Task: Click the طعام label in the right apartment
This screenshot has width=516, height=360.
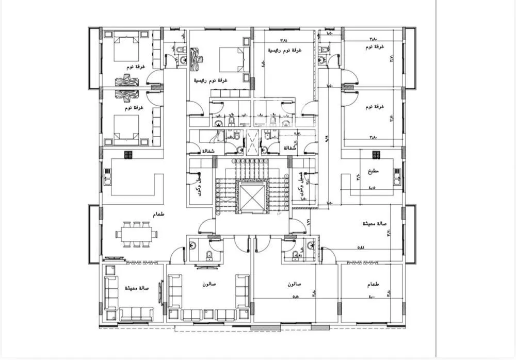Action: [x=374, y=284]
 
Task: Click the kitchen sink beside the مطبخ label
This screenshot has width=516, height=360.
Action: [x=398, y=177]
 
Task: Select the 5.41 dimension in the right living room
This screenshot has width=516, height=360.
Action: [x=361, y=248]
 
